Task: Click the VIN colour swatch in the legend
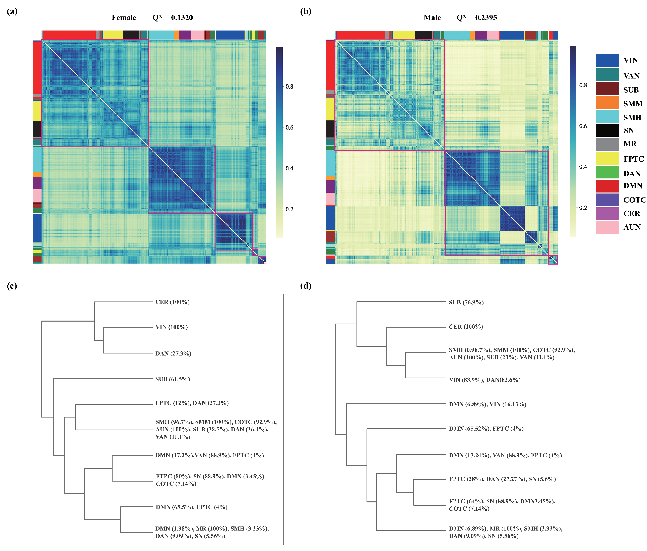point(607,61)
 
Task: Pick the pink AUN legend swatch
point(607,228)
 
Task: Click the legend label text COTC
point(635,200)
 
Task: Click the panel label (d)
point(306,286)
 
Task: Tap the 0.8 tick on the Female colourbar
point(289,87)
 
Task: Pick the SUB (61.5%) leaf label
point(173,379)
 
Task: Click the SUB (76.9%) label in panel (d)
point(466,302)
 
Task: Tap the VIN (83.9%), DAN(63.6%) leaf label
point(484,380)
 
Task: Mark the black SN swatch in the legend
point(607,130)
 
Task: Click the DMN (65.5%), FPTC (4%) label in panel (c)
point(191,507)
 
